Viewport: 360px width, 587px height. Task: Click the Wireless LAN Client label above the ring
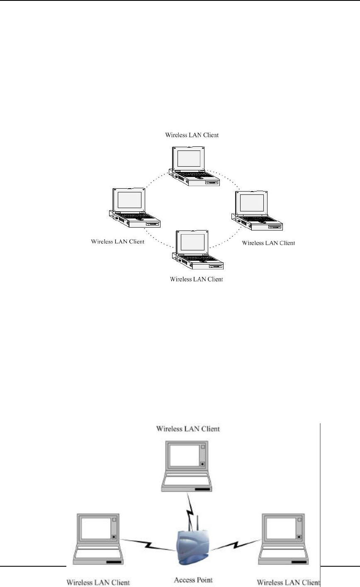click(x=192, y=135)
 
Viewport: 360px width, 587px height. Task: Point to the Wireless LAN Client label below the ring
click(x=196, y=279)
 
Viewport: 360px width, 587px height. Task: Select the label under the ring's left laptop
click(x=117, y=241)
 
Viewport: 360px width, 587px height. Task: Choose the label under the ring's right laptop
click(x=268, y=243)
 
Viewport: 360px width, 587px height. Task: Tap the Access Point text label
click(x=190, y=580)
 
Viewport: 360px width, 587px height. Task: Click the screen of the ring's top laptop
click(x=190, y=158)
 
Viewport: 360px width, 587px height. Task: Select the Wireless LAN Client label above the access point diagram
click(x=188, y=429)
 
